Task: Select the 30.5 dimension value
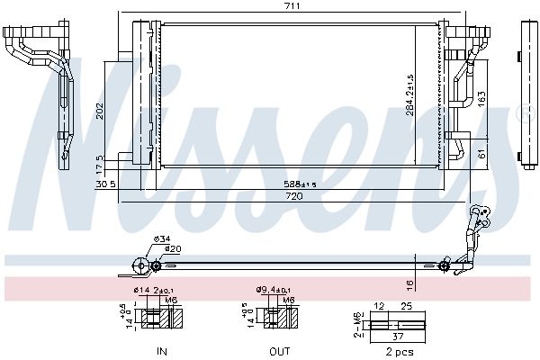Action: pos(105,184)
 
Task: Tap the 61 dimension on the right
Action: pos(481,153)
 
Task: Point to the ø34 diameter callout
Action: pos(162,238)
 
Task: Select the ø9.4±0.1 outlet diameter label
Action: pos(273,290)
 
